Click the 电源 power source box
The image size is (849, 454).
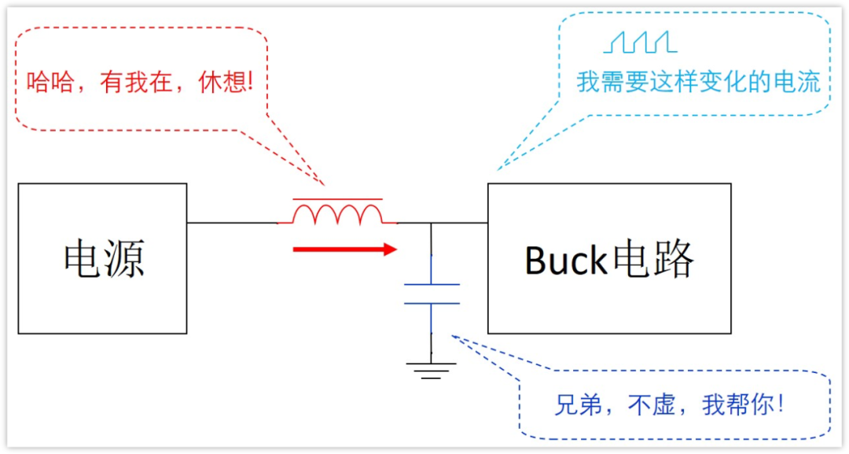pyautogui.click(x=102, y=258)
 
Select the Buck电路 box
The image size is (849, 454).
pyautogui.click(x=609, y=258)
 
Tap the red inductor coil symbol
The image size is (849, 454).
pyautogui.click(x=337, y=213)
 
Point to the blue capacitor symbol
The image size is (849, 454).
pyautogui.click(x=431, y=293)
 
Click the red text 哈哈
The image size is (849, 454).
pyautogui.click(x=51, y=83)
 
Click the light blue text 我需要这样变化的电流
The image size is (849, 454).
pyautogui.click(x=698, y=82)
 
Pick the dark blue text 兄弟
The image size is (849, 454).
pyautogui.click(x=578, y=404)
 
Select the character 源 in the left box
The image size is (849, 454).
pyautogui.click(x=124, y=258)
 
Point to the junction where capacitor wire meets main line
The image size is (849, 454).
pyautogui.click(x=431, y=223)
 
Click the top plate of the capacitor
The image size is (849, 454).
pyautogui.click(x=431, y=284)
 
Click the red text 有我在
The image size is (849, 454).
pyautogui.click(x=137, y=83)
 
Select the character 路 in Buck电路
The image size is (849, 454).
pyautogui.click(x=673, y=260)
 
